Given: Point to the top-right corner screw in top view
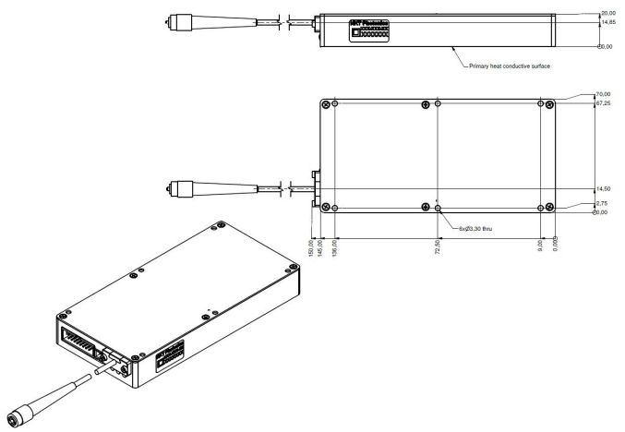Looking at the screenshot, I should pyautogui.click(x=550, y=103).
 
